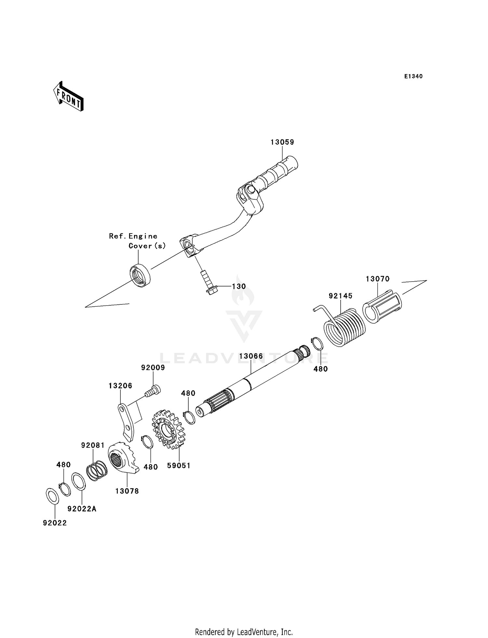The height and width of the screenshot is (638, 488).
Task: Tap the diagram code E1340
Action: (413, 76)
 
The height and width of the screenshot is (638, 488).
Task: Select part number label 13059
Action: (282, 142)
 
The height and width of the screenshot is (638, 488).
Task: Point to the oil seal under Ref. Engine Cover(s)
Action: (140, 276)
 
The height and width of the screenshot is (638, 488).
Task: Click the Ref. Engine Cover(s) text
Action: (137, 241)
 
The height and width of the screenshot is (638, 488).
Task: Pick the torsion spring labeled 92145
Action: (345, 327)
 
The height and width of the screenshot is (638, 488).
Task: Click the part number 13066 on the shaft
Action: (251, 356)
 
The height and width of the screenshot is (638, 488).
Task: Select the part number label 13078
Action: (127, 491)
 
